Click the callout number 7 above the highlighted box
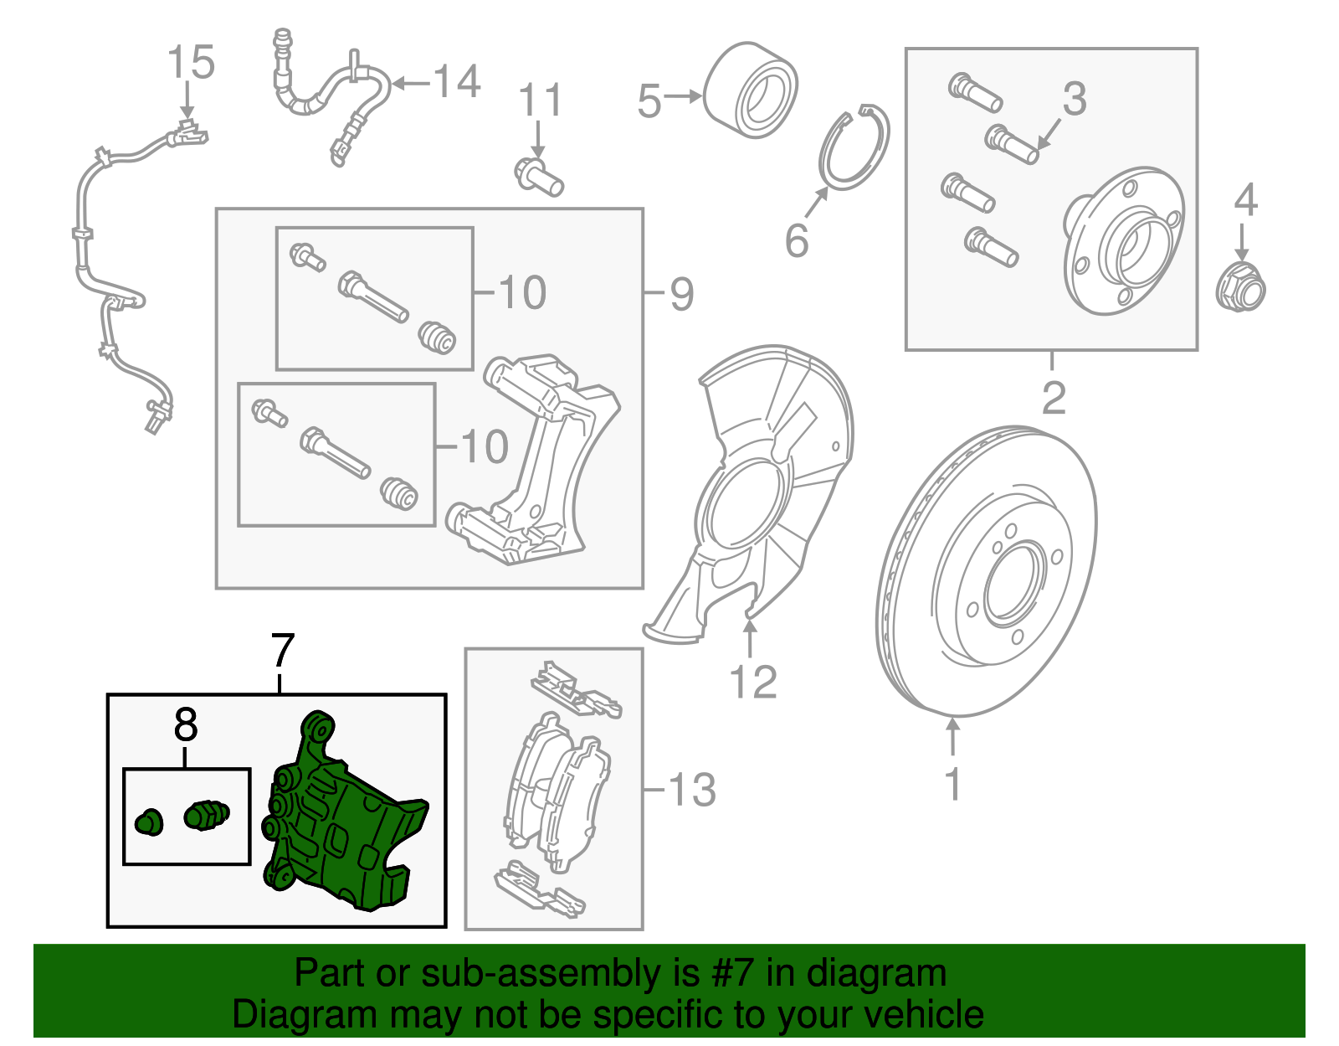[x=283, y=652]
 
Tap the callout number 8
[x=186, y=725]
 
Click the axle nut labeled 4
[x=1239, y=286]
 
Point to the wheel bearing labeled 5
[x=750, y=90]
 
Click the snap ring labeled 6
[x=854, y=148]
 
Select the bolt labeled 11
[x=538, y=176]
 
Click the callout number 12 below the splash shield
[x=753, y=683]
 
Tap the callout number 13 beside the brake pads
[x=692, y=791]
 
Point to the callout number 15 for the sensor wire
[x=191, y=64]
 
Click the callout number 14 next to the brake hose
[x=457, y=82]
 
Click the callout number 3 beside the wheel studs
[x=1074, y=99]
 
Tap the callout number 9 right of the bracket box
[x=682, y=294]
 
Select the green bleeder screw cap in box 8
[x=148, y=822]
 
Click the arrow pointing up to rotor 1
[x=952, y=736]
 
